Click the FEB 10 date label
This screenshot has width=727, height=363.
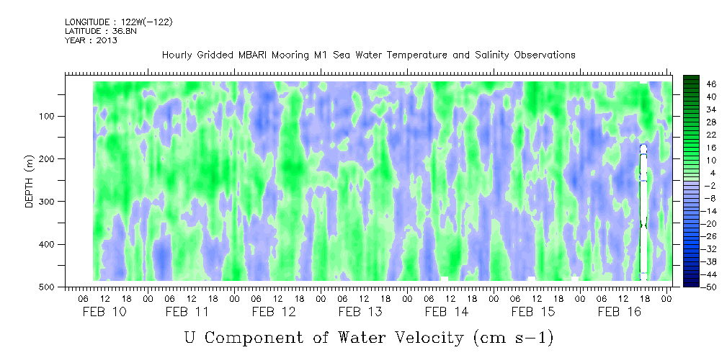(104, 312)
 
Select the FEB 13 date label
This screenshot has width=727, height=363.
(360, 312)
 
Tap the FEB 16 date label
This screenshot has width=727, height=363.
(620, 312)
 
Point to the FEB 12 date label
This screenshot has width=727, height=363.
(274, 312)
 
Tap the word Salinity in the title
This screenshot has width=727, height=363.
(486, 55)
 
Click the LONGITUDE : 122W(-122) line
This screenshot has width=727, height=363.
(119, 22)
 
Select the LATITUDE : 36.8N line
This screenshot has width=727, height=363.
(101, 31)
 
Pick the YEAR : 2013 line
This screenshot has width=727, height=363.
(91, 40)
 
